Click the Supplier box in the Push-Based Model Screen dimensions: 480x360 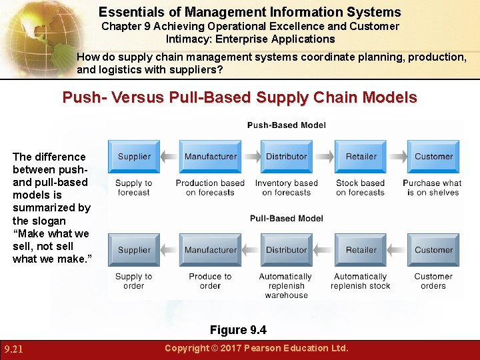point(134,157)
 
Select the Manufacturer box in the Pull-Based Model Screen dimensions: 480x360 point(210,250)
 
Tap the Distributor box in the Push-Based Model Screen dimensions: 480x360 point(286,157)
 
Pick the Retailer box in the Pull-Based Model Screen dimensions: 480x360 point(361,250)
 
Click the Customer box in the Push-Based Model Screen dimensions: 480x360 point(433,157)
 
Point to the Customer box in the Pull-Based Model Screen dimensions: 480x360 point(433,250)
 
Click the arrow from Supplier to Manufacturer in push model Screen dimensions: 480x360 point(169,157)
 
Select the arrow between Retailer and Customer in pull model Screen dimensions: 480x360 point(397,250)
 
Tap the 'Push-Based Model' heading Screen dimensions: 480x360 point(286,125)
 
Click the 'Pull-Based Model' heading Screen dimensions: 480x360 point(286,219)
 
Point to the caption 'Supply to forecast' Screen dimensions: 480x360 point(134,188)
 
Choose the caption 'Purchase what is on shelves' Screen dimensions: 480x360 point(433,188)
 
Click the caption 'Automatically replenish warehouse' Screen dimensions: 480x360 point(285,286)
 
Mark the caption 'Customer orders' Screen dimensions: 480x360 point(433,281)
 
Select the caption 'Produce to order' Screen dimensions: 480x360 point(210,281)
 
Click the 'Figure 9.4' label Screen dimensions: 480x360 point(238,330)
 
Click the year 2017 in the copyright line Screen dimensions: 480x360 point(229,348)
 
